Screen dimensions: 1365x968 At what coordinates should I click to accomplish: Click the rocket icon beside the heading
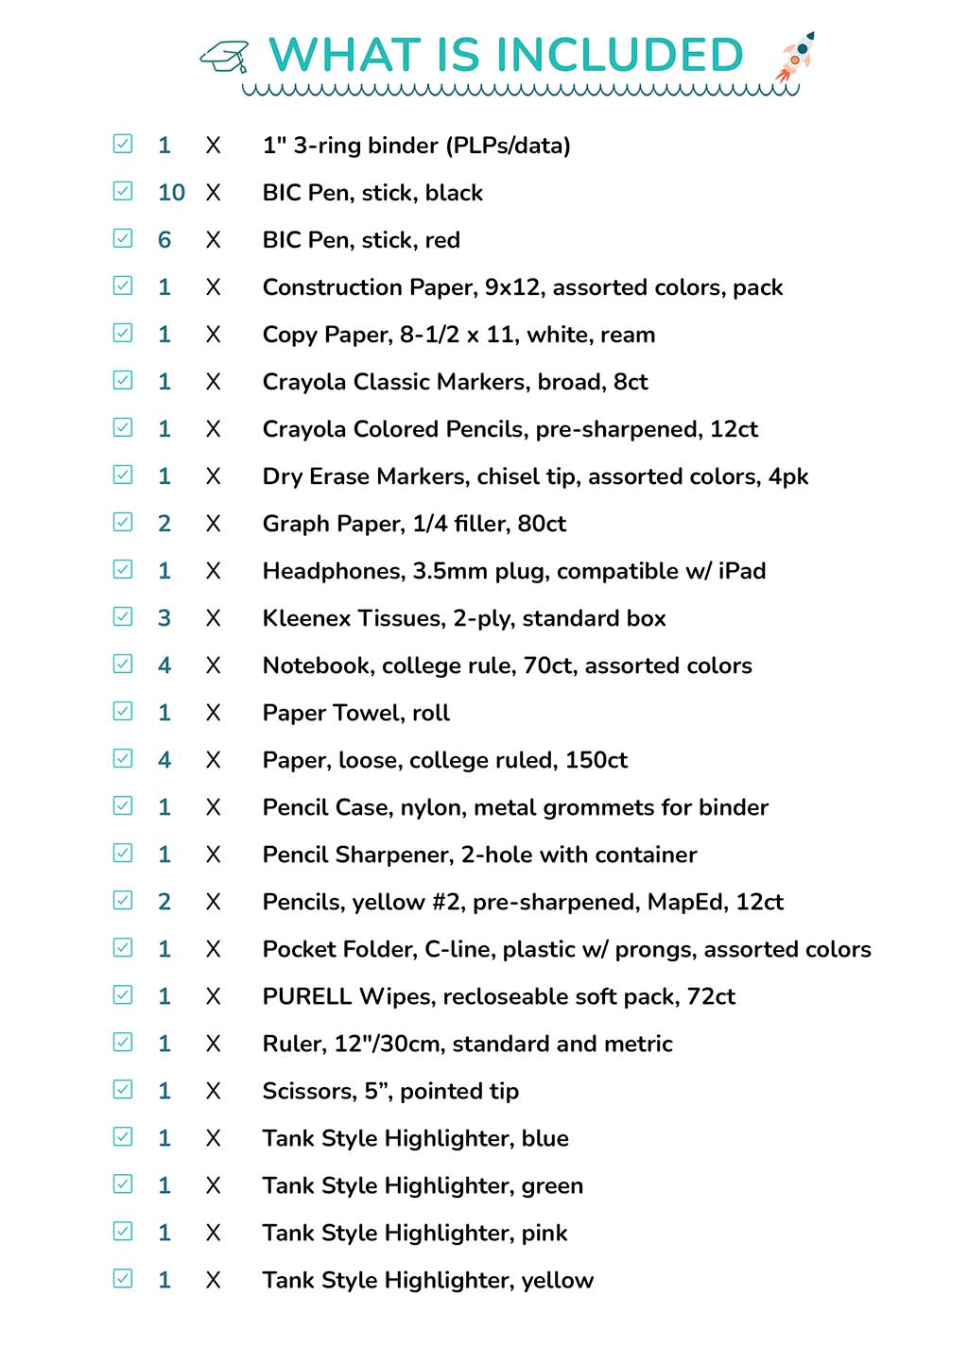[795, 56]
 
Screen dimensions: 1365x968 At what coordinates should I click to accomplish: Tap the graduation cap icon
[225, 57]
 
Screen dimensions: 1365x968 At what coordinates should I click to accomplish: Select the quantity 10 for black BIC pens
[171, 193]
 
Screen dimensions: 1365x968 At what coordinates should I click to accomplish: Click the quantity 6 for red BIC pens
[164, 240]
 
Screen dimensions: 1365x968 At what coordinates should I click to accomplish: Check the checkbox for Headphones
[123, 569]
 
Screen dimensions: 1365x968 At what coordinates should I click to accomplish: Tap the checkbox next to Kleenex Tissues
[123, 616]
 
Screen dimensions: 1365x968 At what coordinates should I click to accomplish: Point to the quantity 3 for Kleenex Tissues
[164, 618]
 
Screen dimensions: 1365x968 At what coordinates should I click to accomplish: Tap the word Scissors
[307, 1091]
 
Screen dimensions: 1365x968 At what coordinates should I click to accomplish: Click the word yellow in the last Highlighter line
[558, 1281]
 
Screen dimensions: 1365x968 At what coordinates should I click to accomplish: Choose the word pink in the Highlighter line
[544, 1234]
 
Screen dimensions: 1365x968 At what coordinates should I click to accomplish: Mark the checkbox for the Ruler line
[123, 1042]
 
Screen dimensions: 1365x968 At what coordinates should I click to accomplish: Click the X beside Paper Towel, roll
[214, 713]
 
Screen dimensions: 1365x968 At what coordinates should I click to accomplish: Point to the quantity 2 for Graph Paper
[164, 524]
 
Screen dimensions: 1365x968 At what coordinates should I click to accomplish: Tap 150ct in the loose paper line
[596, 760]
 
